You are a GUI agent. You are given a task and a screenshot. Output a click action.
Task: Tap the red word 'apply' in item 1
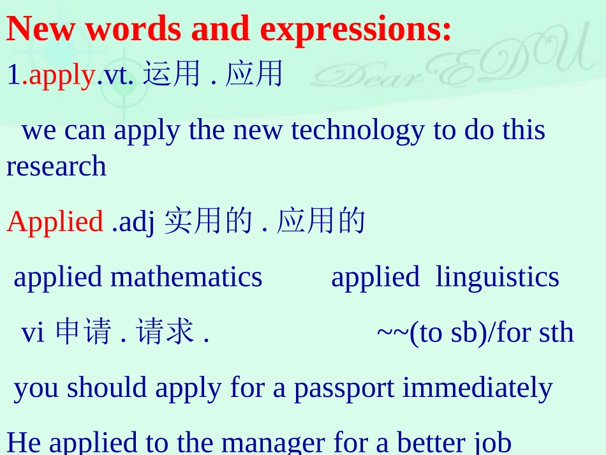point(62,75)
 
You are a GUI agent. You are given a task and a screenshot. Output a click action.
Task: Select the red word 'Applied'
point(55,221)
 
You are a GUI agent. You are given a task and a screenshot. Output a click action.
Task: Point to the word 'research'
point(56,167)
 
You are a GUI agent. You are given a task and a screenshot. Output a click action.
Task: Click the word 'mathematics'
point(186,277)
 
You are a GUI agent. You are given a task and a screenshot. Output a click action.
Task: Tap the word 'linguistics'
point(497,277)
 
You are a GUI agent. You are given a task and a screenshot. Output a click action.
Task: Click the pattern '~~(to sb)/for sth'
point(475,332)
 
